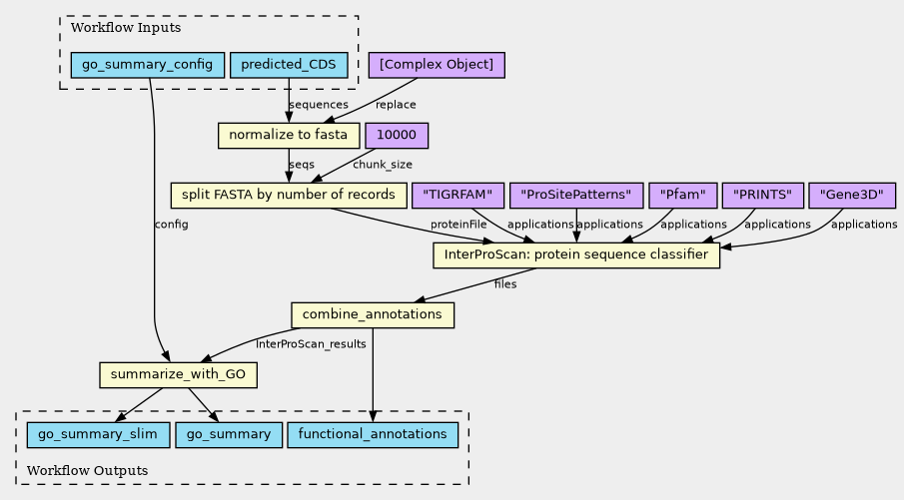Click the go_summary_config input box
pyautogui.click(x=147, y=66)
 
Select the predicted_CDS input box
pyautogui.click(x=289, y=66)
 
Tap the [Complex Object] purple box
pyautogui.click(x=437, y=66)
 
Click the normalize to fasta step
pyautogui.click(x=288, y=135)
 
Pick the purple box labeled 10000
pyautogui.click(x=397, y=135)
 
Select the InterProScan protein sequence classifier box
pyautogui.click(x=576, y=255)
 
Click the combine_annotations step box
pyautogui.click(x=373, y=315)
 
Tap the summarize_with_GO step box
pyautogui.click(x=179, y=375)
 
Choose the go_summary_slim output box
pyautogui.click(x=98, y=435)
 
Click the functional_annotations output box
pyautogui.click(x=373, y=435)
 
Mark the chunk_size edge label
pyautogui.click(x=383, y=165)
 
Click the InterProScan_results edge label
pyautogui.click(x=311, y=344)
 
